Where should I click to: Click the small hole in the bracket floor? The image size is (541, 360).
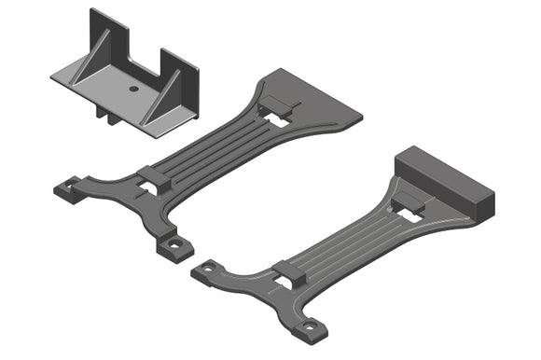133,88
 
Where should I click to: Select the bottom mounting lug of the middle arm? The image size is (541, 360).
173,245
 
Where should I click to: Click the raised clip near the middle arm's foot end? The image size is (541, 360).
155,177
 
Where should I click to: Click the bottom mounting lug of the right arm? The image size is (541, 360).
310,327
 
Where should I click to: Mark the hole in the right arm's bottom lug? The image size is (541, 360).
312,327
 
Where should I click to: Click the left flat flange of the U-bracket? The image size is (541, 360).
71,76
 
